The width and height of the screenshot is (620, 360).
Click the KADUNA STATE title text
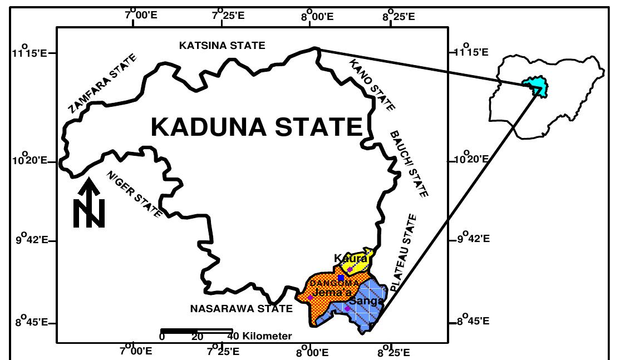257,127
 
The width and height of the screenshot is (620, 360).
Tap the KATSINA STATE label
222,46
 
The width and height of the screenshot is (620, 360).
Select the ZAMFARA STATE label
102,84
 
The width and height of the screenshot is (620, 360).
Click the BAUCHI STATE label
409,164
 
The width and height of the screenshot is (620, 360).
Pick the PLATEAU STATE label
403,253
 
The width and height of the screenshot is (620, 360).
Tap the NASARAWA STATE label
241,308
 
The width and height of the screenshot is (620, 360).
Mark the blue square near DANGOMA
341,278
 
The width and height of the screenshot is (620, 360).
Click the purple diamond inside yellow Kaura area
350,269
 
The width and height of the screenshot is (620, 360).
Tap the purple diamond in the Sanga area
347,308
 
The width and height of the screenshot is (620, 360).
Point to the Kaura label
351,258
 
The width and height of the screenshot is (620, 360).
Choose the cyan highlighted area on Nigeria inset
535,85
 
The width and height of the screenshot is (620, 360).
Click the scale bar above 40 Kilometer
196,331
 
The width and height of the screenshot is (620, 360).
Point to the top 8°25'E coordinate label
399,16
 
